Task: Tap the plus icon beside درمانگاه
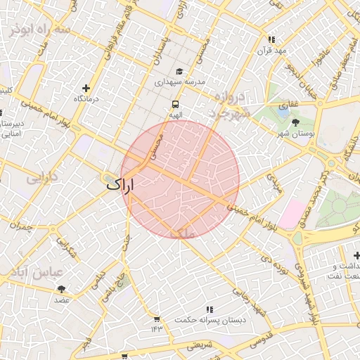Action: [x=86, y=88]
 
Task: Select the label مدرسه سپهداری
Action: [x=179, y=82]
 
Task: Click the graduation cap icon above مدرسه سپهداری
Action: [x=179, y=72]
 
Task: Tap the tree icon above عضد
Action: [x=62, y=289]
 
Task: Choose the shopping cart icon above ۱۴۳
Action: [x=155, y=319]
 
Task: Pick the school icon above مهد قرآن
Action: [x=272, y=39]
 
